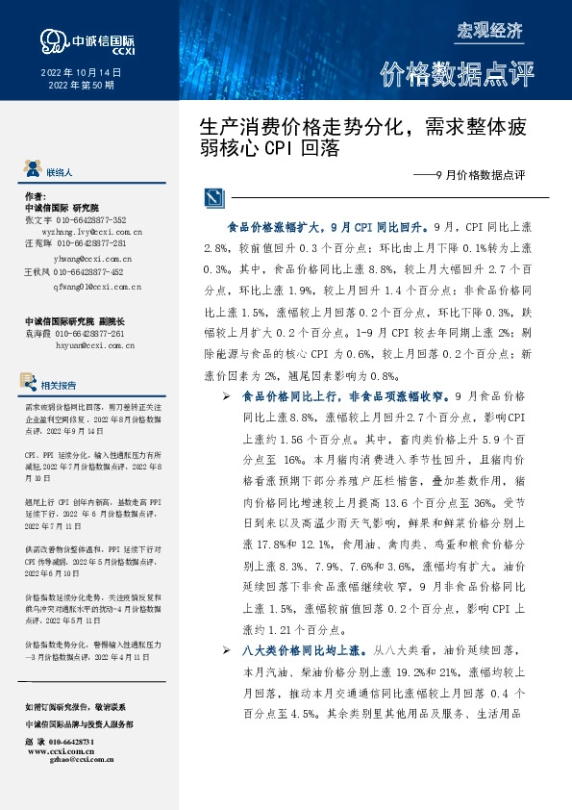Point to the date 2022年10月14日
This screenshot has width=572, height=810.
click(82, 72)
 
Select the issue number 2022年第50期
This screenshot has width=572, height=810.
click(81, 86)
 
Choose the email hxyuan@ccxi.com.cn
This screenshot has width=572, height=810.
click(92, 342)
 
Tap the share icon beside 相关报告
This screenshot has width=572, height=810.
click(32, 384)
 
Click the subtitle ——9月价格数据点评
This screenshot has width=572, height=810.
click(475, 176)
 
